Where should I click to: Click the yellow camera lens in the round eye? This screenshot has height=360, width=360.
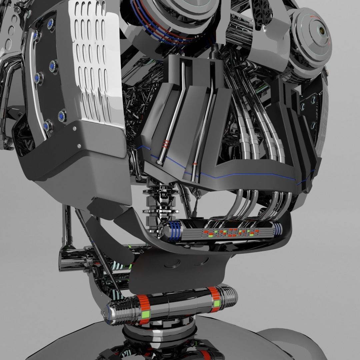322,31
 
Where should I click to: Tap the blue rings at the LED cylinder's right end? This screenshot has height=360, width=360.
278,229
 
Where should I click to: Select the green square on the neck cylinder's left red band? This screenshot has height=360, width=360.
145,314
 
